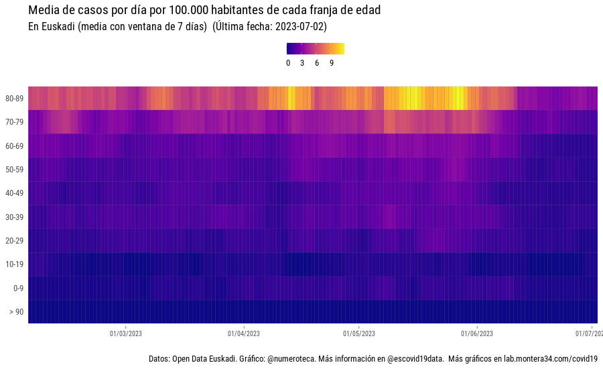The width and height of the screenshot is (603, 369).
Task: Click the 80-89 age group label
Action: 15,99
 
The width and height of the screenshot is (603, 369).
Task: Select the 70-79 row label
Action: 15,122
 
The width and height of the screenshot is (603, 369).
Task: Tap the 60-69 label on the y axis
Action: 15,146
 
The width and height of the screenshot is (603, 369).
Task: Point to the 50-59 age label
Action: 15,170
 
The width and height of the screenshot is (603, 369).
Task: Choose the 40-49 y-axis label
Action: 15,193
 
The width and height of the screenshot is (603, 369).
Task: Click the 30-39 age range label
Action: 15,217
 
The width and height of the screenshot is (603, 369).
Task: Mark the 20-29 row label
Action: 15,241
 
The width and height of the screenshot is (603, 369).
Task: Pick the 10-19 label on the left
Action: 15,264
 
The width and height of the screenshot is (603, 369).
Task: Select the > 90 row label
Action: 15,312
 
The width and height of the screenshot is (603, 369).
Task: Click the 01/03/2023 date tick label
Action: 125,333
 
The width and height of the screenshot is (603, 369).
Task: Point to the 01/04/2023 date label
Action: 243,333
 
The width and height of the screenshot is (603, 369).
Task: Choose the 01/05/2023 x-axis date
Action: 359,333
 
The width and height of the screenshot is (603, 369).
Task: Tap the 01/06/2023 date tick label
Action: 477,333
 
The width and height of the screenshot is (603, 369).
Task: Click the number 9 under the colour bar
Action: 332,63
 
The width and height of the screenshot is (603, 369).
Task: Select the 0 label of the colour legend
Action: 288,63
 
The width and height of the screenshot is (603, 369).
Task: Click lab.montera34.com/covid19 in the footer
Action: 551,360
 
